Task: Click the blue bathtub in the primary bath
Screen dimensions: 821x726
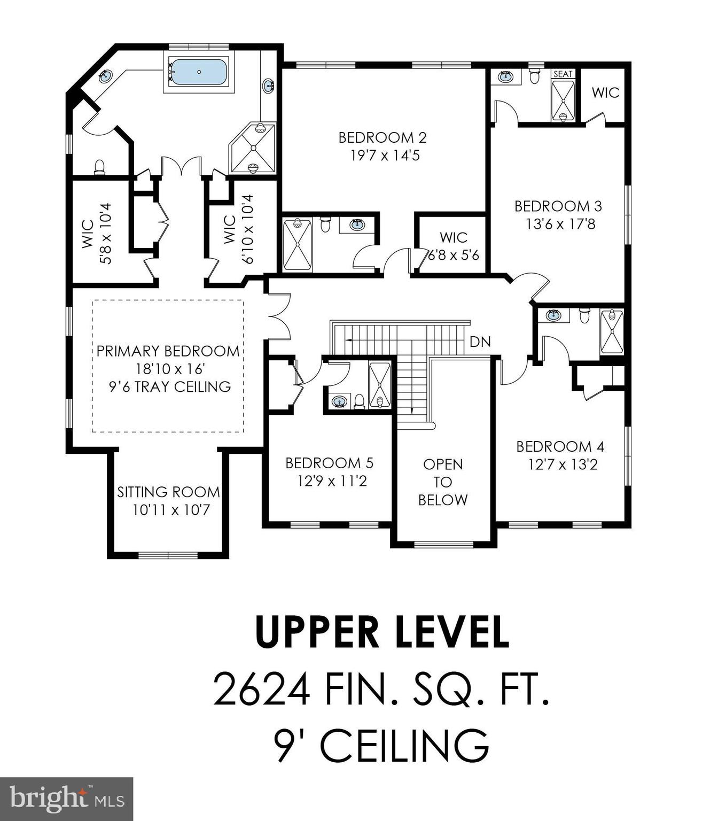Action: [199, 72]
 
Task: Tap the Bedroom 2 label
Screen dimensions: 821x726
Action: [382, 137]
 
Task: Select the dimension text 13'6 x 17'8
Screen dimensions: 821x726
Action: [560, 224]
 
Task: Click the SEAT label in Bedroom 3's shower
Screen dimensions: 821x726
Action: [563, 74]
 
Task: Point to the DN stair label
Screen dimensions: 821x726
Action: [480, 342]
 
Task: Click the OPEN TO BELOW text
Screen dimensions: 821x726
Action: [443, 482]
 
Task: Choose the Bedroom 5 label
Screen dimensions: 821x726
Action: [329, 463]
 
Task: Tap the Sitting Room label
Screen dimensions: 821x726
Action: [168, 492]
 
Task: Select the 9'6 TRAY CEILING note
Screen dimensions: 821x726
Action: [170, 386]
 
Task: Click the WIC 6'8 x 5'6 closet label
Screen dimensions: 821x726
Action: [454, 246]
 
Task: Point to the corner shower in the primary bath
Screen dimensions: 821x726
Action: [252, 149]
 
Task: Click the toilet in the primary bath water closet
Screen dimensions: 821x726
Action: [99, 167]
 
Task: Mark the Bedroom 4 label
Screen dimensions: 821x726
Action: [560, 446]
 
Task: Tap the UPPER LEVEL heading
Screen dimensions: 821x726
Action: [382, 632]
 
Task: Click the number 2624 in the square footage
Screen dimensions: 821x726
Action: [261, 690]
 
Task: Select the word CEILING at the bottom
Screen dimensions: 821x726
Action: [404, 745]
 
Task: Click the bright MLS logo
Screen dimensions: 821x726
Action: [66, 800]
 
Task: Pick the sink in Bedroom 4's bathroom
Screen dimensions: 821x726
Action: [554, 315]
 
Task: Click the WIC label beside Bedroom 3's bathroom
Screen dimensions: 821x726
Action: [605, 92]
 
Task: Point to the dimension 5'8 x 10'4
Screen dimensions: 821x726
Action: [105, 234]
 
